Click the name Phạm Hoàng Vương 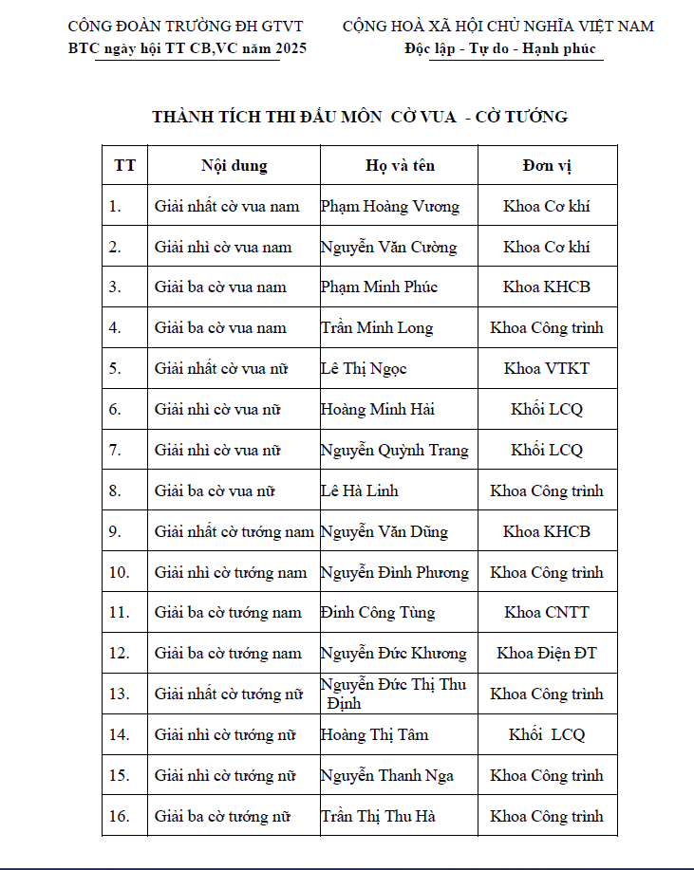click(x=389, y=206)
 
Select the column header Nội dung click(x=234, y=165)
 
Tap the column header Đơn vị click(x=547, y=165)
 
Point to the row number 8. click(x=115, y=491)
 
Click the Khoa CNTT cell click(x=547, y=612)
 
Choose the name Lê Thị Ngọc click(x=364, y=368)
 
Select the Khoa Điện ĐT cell click(x=547, y=653)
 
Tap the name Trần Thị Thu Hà click(x=378, y=816)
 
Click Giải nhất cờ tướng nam click(x=234, y=531)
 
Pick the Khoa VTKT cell click(x=547, y=368)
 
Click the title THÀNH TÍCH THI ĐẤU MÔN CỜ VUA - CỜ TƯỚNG click(x=360, y=117)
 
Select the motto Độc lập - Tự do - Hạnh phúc click(x=500, y=48)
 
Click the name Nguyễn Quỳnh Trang click(x=394, y=450)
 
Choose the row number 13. click(x=119, y=694)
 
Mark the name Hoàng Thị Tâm click(x=374, y=734)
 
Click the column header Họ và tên click(x=400, y=165)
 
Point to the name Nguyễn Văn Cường click(x=388, y=247)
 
